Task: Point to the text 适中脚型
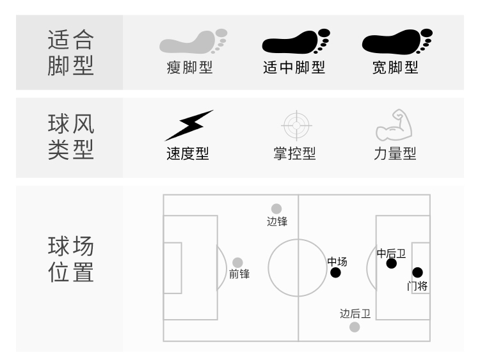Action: (294, 67)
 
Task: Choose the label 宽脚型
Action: (395, 67)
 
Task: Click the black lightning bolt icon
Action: (189, 125)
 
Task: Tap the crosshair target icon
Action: (296, 125)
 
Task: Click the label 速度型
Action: (188, 153)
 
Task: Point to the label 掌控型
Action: (294, 153)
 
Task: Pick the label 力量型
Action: (395, 153)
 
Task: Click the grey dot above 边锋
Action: (276, 209)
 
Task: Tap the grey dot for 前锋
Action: (237, 262)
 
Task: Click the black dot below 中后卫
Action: (392, 263)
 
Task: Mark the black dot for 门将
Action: (418, 273)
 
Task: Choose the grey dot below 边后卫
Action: (355, 327)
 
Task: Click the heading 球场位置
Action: (70, 260)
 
